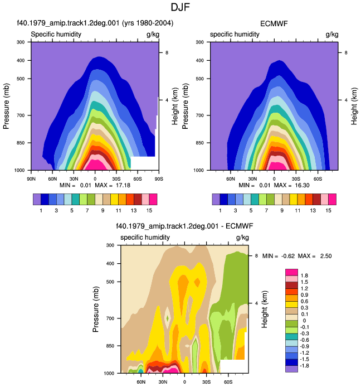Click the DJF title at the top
pyautogui.click(x=180, y=7)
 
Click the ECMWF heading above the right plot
pyautogui.click(x=274, y=23)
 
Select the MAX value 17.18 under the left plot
pyautogui.click(x=123, y=185)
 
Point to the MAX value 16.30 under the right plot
pyautogui.click(x=302, y=185)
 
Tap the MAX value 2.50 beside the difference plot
pyautogui.click(x=326, y=256)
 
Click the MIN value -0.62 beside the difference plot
pyautogui.click(x=288, y=256)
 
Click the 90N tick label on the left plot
pyautogui.click(x=31, y=179)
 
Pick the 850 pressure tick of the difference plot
pyautogui.click(x=110, y=346)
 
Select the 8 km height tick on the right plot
pyautogui.click(x=346, y=52)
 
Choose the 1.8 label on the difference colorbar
pyautogui.click(x=304, y=275)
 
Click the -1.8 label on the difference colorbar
pyautogui.click(x=304, y=366)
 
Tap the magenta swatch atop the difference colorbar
pyautogui.click(x=291, y=272)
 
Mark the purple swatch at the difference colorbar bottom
pyautogui.click(x=291, y=369)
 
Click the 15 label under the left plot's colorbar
pyautogui.click(x=149, y=211)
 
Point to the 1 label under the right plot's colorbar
pyautogui.click(x=220, y=211)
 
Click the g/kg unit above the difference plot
pyautogui.click(x=242, y=238)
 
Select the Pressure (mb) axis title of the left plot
pyautogui.click(x=6, y=106)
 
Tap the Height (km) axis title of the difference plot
pyautogui.click(x=264, y=309)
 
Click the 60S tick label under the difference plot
pyautogui.click(x=228, y=382)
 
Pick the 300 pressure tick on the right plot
pyautogui.click(x=200, y=42)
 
